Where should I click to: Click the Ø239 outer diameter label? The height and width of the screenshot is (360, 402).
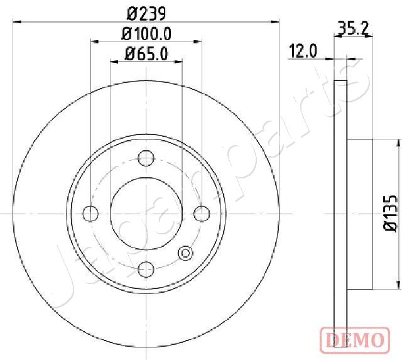(x=146, y=14)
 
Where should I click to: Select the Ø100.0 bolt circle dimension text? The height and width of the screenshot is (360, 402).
(x=146, y=34)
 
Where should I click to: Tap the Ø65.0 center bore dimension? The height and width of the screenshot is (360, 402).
(x=146, y=54)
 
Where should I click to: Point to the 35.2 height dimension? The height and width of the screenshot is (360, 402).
(x=353, y=28)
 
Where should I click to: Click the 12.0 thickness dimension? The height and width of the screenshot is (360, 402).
(x=303, y=51)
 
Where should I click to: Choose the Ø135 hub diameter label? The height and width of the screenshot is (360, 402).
(x=390, y=214)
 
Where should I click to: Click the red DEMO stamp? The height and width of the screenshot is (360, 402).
(x=355, y=340)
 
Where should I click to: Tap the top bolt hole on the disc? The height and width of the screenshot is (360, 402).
(x=146, y=158)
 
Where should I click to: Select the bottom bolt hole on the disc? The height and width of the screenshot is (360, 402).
(x=146, y=270)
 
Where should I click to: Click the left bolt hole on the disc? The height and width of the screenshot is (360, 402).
(x=90, y=214)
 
